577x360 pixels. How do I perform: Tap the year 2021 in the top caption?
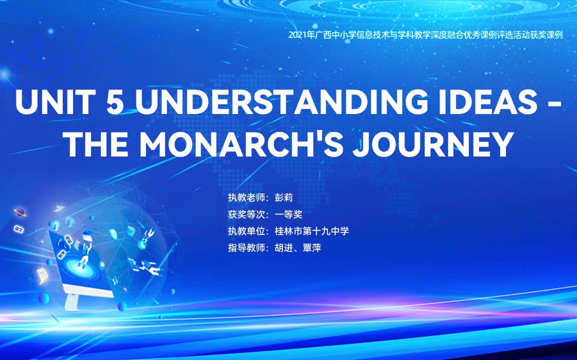point(299,35)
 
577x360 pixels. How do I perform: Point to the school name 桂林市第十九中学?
point(311,231)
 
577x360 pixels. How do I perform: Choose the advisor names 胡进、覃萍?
point(297,247)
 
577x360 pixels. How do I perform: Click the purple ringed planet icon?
point(20,212)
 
